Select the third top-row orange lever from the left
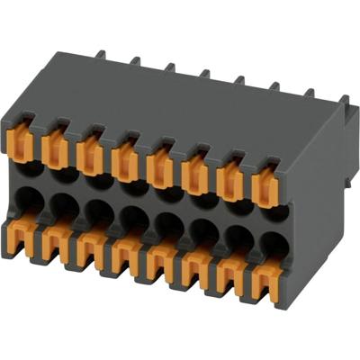pos(90,151)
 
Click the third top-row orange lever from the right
pos(195,171)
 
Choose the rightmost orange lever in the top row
pos(265,184)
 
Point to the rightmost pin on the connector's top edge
pos(310,94)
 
